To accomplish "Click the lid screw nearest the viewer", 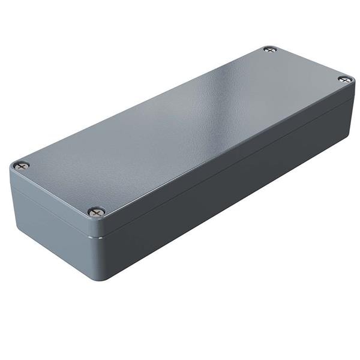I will [x=96, y=212].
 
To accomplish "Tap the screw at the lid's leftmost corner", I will [x=22, y=165].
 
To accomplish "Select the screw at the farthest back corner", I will [x=270, y=49].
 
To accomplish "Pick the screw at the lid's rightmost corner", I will [x=344, y=79].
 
